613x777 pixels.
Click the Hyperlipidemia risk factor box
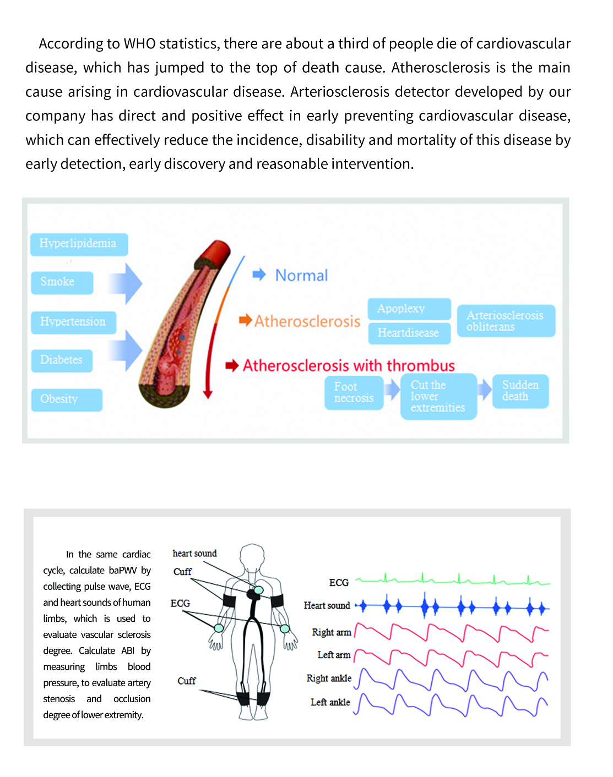(x=79, y=244)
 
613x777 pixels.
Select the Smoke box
(x=62, y=282)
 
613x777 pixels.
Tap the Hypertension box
(x=73, y=322)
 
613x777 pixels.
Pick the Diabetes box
(x=61, y=360)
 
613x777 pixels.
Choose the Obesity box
(x=66, y=400)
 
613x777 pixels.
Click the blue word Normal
(x=301, y=275)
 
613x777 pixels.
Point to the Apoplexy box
(x=409, y=309)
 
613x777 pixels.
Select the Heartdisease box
(x=409, y=333)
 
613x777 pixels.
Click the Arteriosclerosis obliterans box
(x=506, y=321)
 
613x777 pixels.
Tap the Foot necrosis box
(x=354, y=392)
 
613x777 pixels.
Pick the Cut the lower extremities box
(x=438, y=396)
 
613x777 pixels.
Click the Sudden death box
(x=520, y=391)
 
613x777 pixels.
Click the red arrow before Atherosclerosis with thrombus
(x=232, y=365)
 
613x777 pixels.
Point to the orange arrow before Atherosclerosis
(x=245, y=320)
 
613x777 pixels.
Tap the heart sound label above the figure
(x=194, y=553)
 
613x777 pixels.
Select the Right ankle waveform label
(x=329, y=678)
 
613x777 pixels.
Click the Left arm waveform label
(x=334, y=655)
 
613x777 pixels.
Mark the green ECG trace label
(x=339, y=582)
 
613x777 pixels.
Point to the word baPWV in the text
(x=122, y=570)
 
